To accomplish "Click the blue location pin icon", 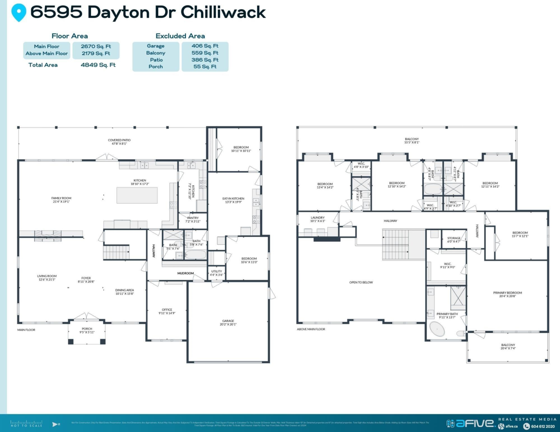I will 19,13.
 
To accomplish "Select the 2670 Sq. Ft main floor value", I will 96,46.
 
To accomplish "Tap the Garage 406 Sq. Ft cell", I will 205,46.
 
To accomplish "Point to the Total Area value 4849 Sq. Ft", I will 98,65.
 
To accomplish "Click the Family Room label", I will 61,200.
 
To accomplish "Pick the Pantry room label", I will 193,219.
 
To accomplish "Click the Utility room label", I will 217,273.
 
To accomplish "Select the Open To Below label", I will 361,282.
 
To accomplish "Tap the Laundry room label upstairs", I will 317,219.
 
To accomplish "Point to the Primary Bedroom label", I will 507,295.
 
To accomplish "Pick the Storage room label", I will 454,240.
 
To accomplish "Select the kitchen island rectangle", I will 137,195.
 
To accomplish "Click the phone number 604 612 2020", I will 543,426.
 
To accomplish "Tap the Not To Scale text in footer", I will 26,425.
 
